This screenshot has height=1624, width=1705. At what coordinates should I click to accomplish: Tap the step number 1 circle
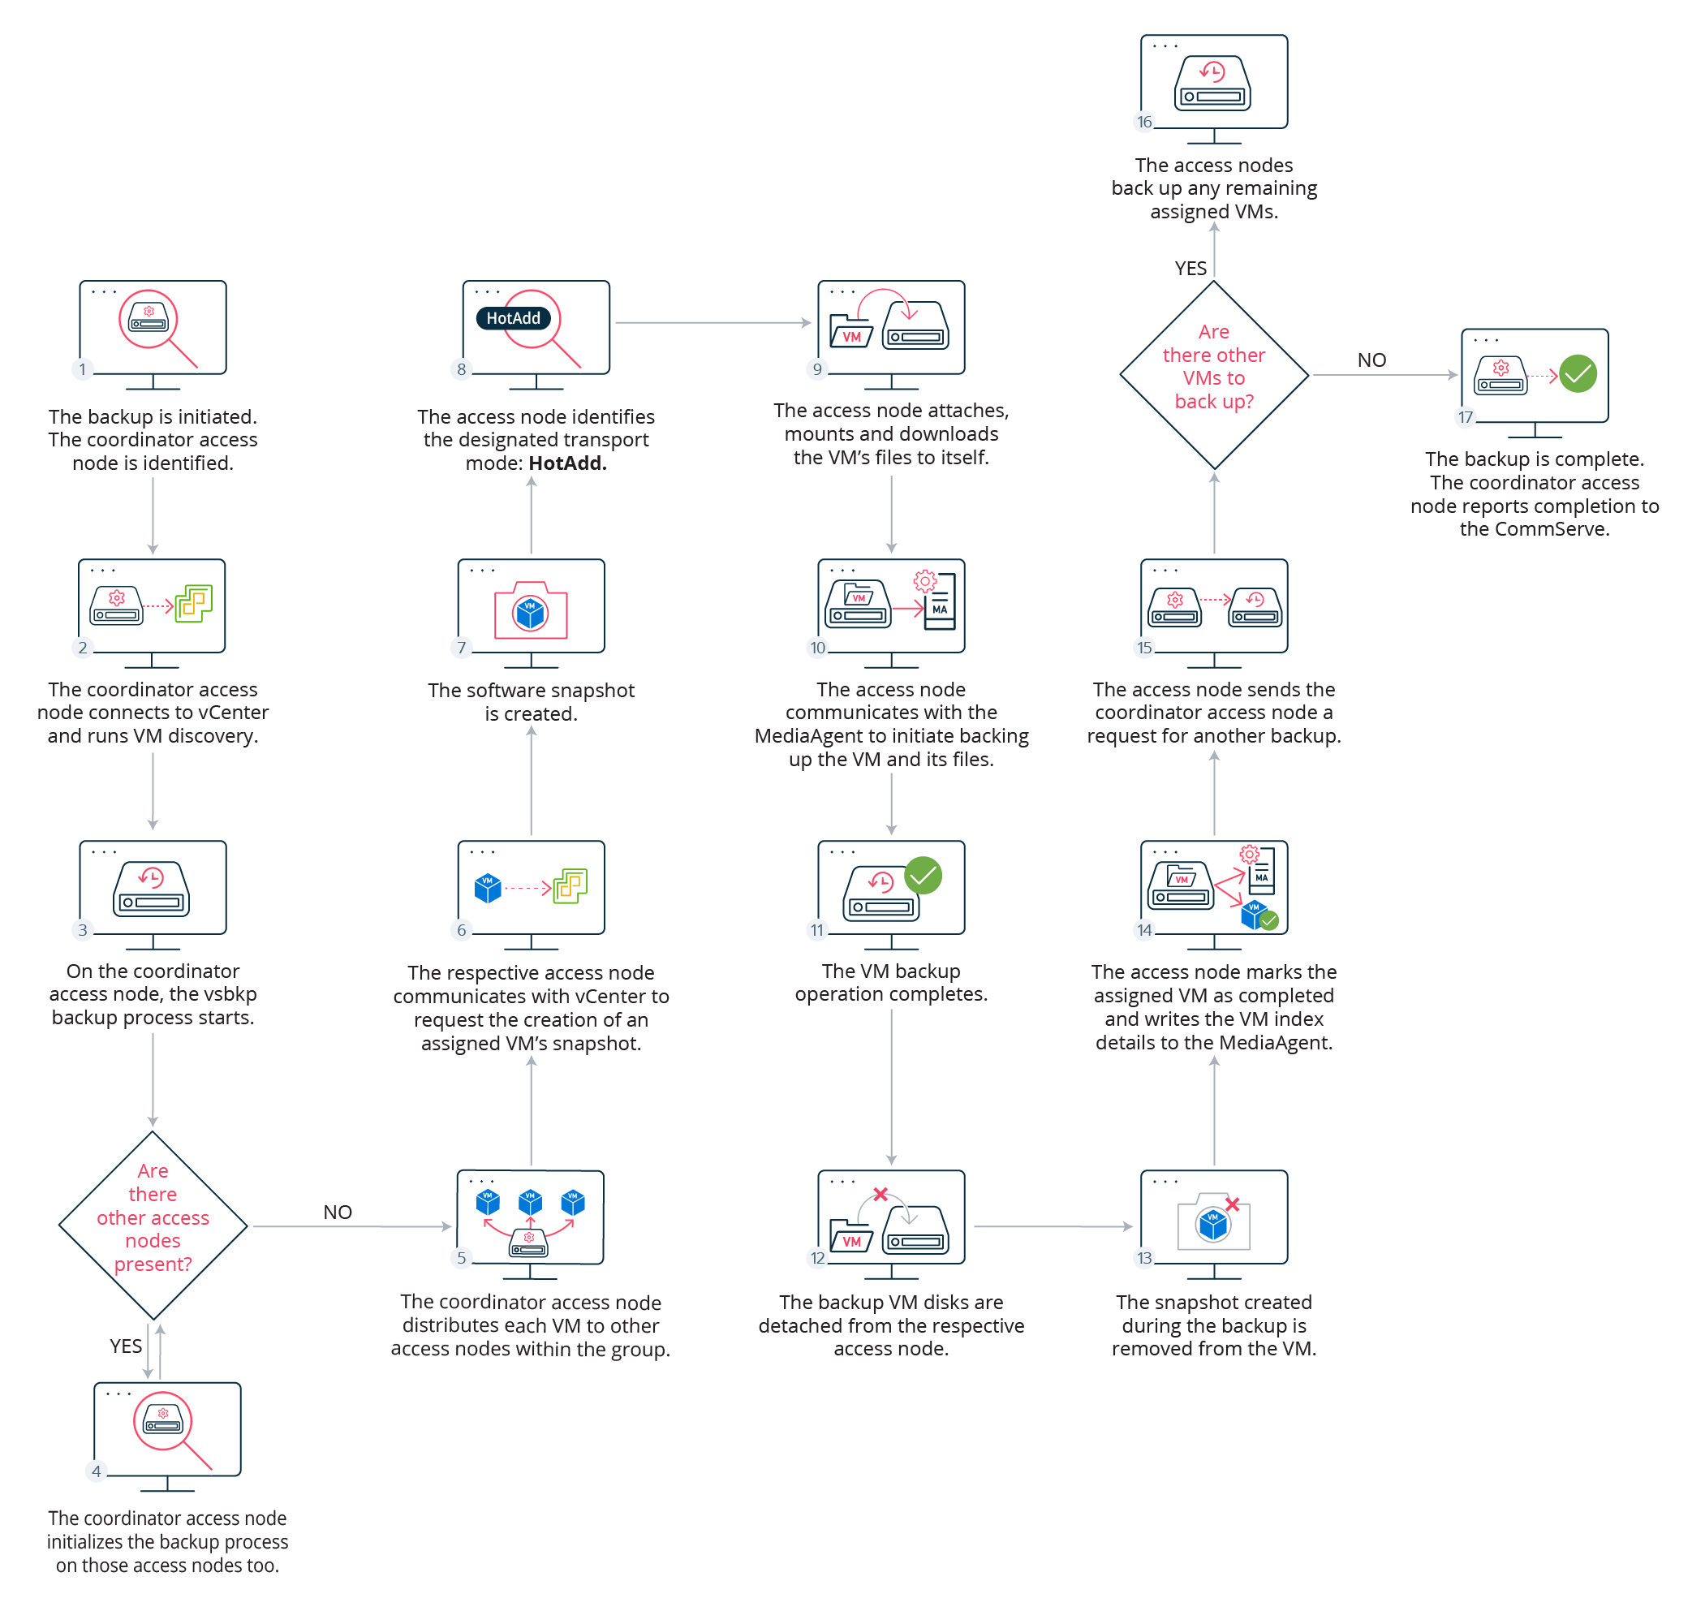(82, 368)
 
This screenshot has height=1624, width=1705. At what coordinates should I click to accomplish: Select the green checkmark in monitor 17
(1577, 374)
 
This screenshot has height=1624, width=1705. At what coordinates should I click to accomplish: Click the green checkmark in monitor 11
(923, 875)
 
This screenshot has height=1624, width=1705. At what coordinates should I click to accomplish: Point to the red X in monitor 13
(1233, 1204)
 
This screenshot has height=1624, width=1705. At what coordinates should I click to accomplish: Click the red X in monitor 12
(880, 1194)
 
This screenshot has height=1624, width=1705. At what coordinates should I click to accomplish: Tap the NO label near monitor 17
(1371, 360)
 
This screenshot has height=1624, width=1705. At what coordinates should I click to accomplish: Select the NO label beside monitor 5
(337, 1211)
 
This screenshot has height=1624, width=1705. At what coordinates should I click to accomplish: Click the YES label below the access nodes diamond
(126, 1346)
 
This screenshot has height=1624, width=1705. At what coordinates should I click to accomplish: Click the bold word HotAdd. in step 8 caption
(567, 463)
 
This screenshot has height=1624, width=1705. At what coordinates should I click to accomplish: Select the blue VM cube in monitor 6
(487, 887)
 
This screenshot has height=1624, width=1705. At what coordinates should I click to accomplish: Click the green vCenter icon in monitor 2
(193, 602)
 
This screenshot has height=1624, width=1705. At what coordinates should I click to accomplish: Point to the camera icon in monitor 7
(530, 611)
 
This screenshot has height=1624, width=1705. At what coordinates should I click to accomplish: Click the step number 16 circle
(1144, 121)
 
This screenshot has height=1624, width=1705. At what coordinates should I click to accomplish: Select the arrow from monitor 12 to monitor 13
(1052, 1226)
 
